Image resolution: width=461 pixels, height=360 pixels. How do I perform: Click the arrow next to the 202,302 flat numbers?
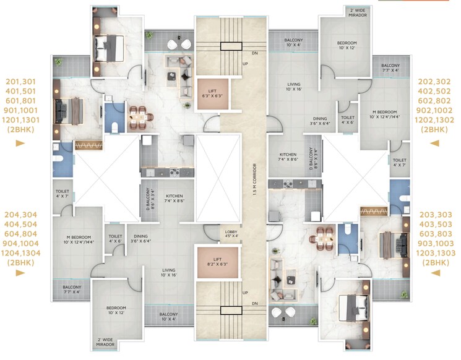[435, 143]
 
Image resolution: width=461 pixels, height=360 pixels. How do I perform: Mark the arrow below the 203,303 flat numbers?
[435, 276]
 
